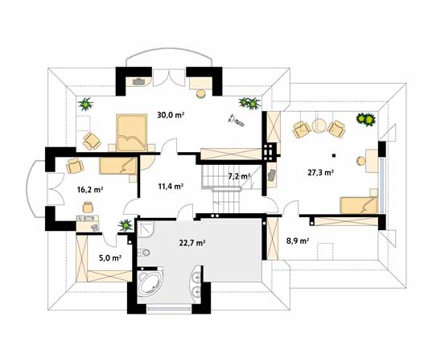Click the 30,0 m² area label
click(x=171, y=115)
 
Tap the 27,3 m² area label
click(x=321, y=173)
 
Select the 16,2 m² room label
click(x=90, y=190)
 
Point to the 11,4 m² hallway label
click(x=171, y=187)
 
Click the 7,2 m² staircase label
click(x=239, y=176)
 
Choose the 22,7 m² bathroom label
click(x=192, y=243)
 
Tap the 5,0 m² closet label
click(x=110, y=258)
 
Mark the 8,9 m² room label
click(x=298, y=241)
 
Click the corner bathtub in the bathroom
click(x=150, y=282)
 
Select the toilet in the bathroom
click(x=144, y=252)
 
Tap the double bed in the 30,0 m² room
click(x=131, y=133)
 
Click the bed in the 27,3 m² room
click(x=359, y=205)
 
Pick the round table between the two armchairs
click(x=319, y=126)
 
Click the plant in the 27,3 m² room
click(x=366, y=119)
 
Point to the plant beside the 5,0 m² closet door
click(x=125, y=225)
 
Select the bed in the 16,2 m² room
click(x=118, y=166)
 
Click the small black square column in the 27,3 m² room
click(x=334, y=155)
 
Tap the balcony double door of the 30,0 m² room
click(x=169, y=78)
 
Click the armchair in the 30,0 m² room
click(x=92, y=141)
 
